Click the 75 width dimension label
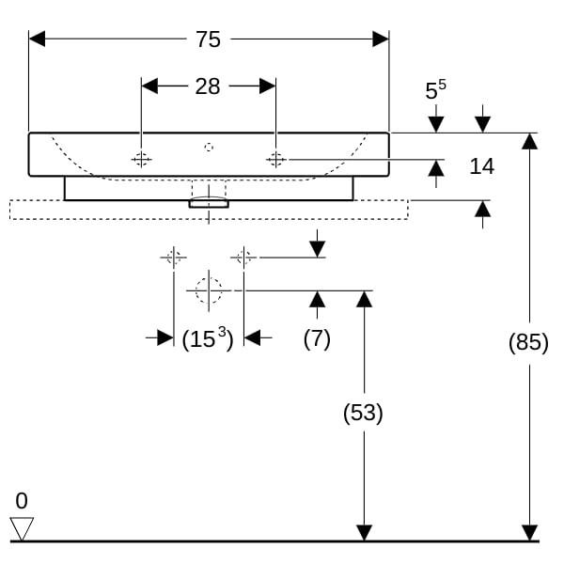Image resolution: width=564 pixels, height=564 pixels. (x=208, y=39)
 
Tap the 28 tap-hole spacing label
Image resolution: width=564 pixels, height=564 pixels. (x=208, y=86)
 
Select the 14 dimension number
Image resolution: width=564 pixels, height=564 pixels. (x=481, y=166)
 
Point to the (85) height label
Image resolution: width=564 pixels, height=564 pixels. (x=528, y=343)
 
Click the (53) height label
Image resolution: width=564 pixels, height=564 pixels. (x=363, y=413)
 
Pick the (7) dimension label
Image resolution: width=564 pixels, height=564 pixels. (x=317, y=338)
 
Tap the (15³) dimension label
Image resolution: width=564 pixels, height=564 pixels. (x=208, y=338)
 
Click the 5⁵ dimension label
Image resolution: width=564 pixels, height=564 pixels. (x=435, y=90)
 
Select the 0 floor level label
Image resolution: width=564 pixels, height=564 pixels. (x=22, y=500)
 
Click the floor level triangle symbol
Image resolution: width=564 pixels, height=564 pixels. (x=22, y=528)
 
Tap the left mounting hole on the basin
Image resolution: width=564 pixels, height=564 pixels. (x=141, y=160)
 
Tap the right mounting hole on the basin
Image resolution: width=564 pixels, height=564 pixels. (x=275, y=160)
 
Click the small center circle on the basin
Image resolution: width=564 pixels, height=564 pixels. (x=209, y=147)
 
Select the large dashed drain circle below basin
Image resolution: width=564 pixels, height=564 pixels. (x=208, y=290)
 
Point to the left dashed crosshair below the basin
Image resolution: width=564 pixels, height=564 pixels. (x=173, y=257)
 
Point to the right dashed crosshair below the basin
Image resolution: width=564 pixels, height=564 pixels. (x=243, y=257)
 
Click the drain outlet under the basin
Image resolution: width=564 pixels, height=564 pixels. (x=209, y=200)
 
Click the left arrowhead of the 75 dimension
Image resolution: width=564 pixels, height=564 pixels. (x=37, y=39)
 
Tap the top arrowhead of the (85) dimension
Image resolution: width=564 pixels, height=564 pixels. (x=529, y=141)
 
